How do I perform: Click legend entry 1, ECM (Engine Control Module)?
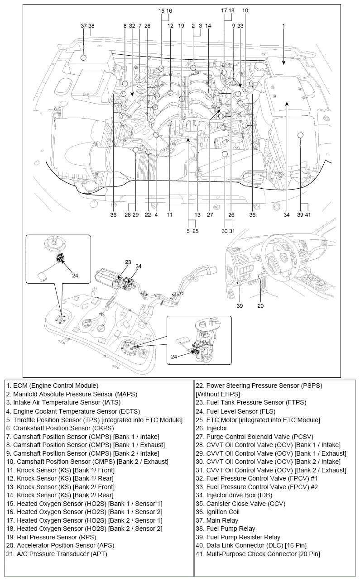(52, 386)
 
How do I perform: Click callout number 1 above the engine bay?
(283, 26)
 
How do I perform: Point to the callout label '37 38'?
(87, 26)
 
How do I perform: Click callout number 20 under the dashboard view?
(260, 305)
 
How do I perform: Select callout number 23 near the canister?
(128, 262)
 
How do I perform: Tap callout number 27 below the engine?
(210, 215)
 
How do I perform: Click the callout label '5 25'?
(192, 231)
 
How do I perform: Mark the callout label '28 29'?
(131, 215)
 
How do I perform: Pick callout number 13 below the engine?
(197, 215)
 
